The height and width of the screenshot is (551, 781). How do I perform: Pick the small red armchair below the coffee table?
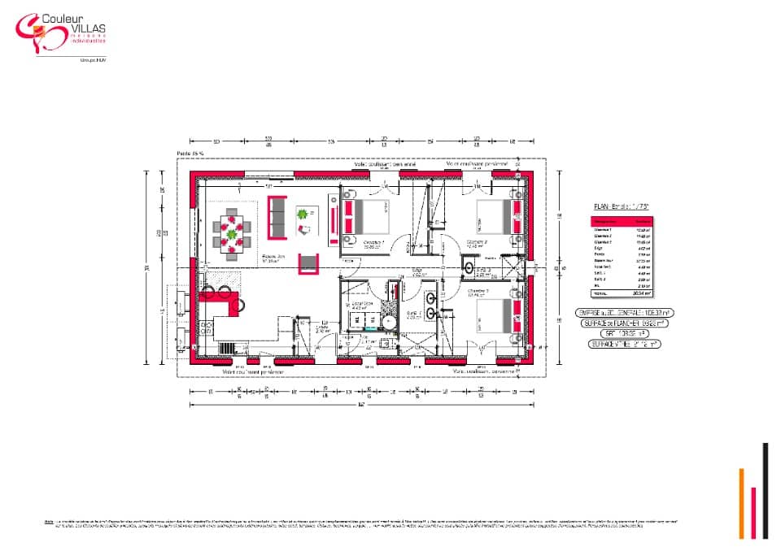tap(308, 263)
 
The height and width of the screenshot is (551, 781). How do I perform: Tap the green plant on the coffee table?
tap(303, 215)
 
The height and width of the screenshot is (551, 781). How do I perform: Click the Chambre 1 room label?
tap(373, 243)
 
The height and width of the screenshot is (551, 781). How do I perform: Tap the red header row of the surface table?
tap(622, 220)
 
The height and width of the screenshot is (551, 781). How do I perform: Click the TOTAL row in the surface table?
tap(622, 294)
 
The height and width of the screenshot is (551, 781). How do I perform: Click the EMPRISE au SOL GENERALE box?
tap(623, 312)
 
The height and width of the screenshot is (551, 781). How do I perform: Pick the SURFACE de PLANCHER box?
tap(623, 323)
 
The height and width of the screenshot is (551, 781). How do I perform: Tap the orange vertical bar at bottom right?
tap(741, 503)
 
